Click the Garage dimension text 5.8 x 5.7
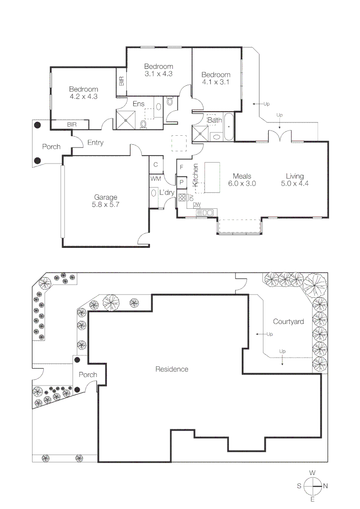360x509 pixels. click(x=106, y=205)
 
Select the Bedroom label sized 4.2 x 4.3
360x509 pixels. click(x=83, y=97)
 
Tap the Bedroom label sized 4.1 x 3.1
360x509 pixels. click(x=216, y=82)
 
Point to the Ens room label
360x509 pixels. click(x=139, y=104)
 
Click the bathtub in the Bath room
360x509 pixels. click(x=229, y=127)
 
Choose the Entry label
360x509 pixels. click(x=95, y=143)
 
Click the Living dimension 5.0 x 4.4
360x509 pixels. click(x=295, y=184)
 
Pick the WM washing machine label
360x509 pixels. click(x=155, y=179)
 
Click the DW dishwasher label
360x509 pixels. click(x=196, y=204)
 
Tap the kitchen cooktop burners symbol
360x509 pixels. click(x=182, y=197)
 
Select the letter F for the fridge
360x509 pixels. click(x=181, y=167)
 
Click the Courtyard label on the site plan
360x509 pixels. click(x=288, y=322)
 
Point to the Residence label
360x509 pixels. click(x=172, y=369)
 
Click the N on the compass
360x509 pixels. click(x=326, y=485)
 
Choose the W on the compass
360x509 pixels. click(x=312, y=473)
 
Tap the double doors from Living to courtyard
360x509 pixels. click(x=280, y=137)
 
